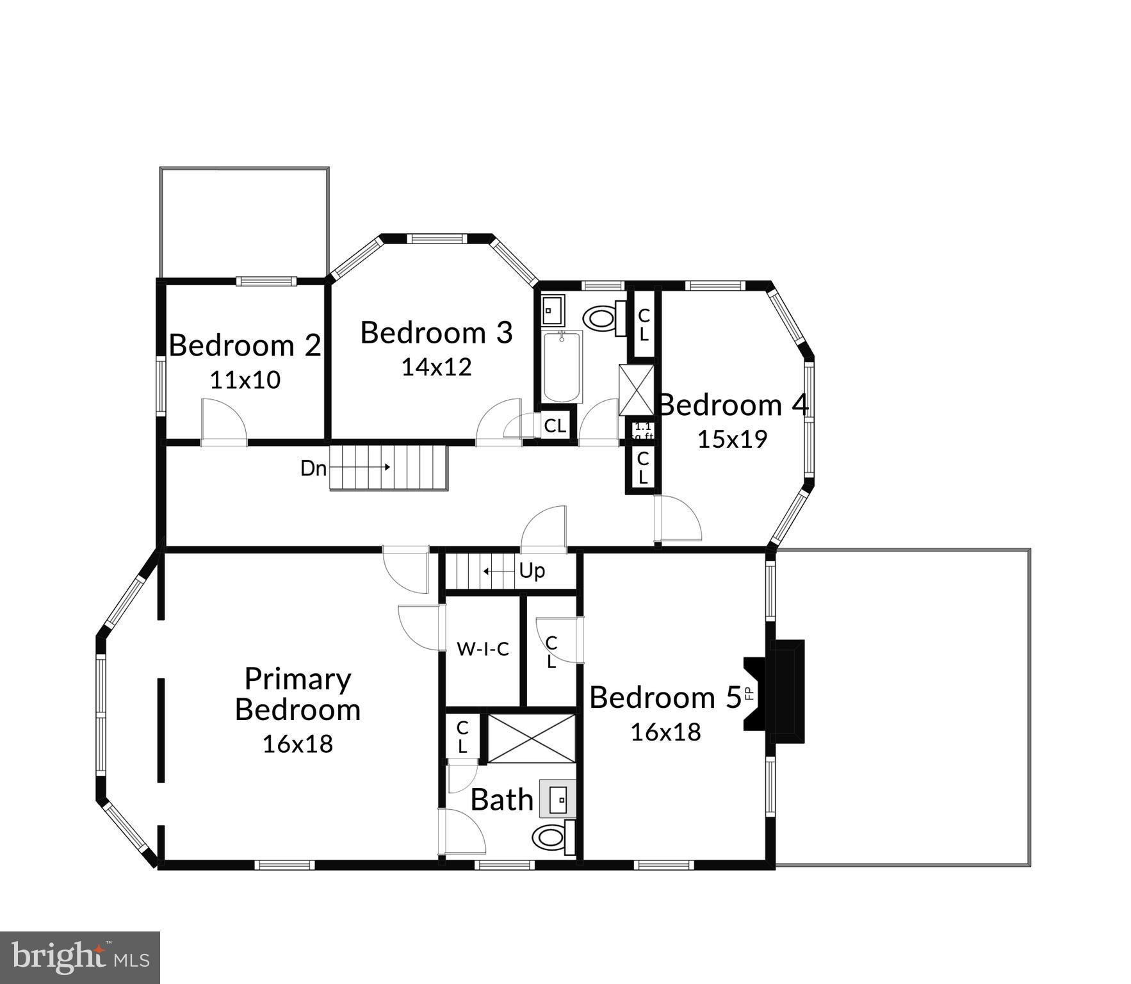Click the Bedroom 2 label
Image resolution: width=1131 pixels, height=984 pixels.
coord(245,345)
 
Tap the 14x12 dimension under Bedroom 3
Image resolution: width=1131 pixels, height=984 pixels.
coord(436,366)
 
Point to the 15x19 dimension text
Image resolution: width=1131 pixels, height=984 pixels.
coord(732,439)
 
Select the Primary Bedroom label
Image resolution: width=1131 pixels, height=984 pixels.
coord(298,694)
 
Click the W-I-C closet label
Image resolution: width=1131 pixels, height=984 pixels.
coord(482,649)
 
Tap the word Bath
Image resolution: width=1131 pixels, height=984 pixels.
coord(501,799)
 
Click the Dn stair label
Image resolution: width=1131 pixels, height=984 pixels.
coord(313,468)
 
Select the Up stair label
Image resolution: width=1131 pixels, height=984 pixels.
coord(532,570)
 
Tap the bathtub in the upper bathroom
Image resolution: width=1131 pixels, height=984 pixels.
coord(562,366)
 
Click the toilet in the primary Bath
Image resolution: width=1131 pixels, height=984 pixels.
coord(551,837)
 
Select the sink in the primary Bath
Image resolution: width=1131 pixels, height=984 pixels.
coord(558,799)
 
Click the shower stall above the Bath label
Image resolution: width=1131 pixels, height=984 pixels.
coord(532,739)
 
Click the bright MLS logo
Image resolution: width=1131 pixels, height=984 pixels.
coord(79,958)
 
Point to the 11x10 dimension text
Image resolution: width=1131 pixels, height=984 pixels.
coord(245,380)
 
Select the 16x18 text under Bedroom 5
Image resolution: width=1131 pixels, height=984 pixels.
coord(665,732)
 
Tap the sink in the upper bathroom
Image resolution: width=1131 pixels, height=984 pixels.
coord(551,311)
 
